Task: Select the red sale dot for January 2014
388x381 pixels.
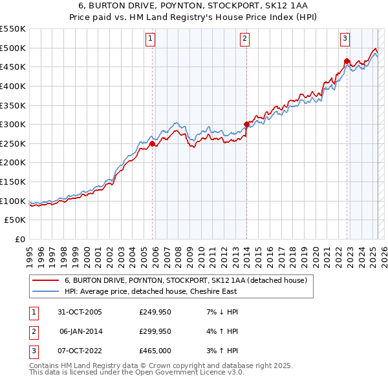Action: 246,124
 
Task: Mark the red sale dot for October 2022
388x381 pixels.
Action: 347,61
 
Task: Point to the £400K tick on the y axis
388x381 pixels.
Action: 13,86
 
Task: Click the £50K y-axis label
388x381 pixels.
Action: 16,220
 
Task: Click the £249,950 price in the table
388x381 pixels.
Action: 155,312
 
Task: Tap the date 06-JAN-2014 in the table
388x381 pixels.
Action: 80,331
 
